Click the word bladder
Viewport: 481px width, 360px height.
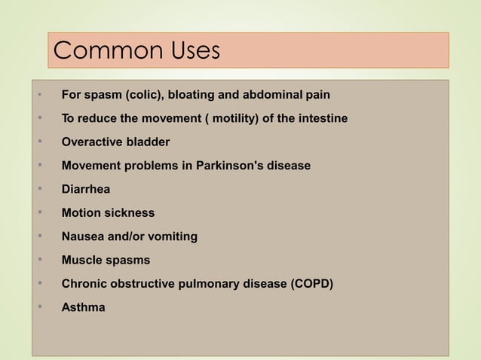(x=148, y=142)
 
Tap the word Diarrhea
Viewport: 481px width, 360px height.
(x=86, y=190)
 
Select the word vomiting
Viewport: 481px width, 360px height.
(x=172, y=236)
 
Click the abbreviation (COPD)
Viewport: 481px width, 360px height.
(x=310, y=284)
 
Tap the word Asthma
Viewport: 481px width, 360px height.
(x=84, y=307)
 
